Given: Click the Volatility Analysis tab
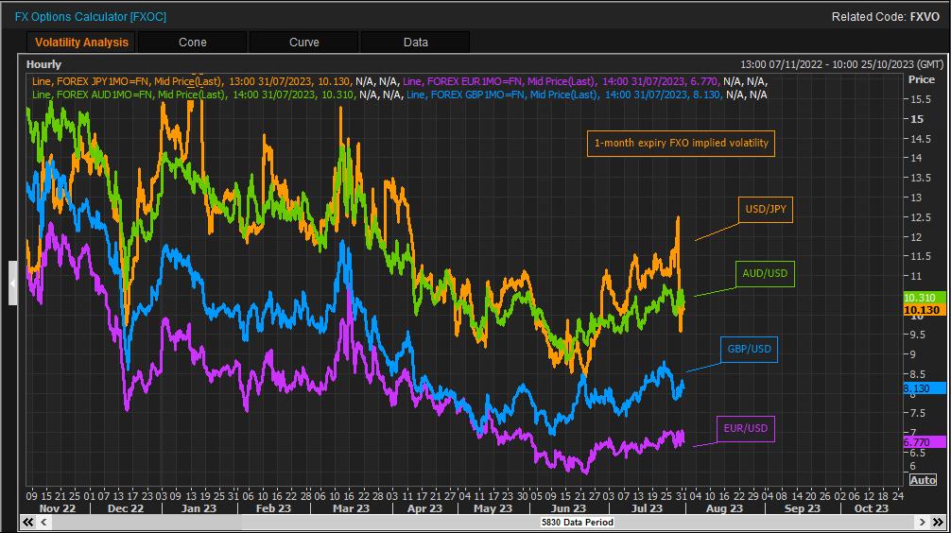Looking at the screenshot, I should pos(81,43).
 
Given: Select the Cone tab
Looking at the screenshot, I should pos(193,43).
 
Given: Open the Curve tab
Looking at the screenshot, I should pos(304,43).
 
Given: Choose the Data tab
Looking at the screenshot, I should pos(416,43).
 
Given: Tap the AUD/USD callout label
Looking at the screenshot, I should pos(765,274).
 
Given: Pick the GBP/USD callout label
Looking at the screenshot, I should pos(749,350).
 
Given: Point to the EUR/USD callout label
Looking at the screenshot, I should pos(747,429).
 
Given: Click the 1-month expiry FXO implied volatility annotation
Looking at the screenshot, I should pos(681,144).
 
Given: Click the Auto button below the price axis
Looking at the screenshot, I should pos(923,480).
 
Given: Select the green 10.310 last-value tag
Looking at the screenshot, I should pos(920,298).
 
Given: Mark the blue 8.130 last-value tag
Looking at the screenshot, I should pos(918,388).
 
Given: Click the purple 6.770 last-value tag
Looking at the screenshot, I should pos(918,442).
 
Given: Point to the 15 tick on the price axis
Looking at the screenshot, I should pos(917,119).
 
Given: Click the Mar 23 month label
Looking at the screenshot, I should pos(351,508).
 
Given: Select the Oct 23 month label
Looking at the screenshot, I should pos(871,508).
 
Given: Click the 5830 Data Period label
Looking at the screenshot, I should pos(577,522).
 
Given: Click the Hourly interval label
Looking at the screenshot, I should pos(44,64).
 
